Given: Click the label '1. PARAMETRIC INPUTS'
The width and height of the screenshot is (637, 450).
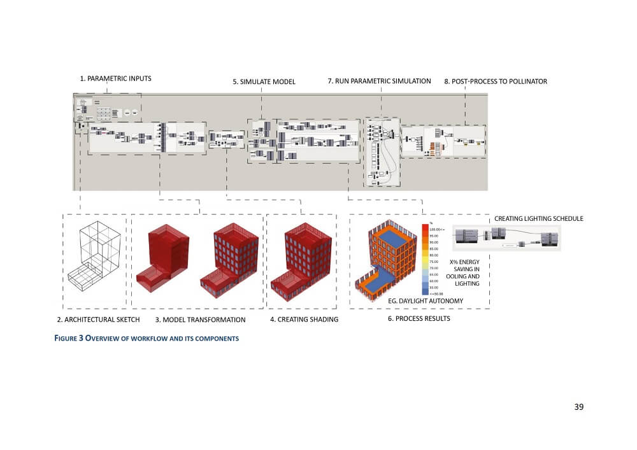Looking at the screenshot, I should pyautogui.click(x=115, y=79).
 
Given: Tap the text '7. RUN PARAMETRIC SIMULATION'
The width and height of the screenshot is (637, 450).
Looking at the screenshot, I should pyautogui.click(x=379, y=81).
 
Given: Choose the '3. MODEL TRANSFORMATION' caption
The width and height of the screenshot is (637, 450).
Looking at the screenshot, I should pyautogui.click(x=200, y=320).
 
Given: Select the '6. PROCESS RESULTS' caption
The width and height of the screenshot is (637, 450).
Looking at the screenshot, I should pyautogui.click(x=419, y=318).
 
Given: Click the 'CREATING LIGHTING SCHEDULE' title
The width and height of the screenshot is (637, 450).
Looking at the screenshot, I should pyautogui.click(x=538, y=219).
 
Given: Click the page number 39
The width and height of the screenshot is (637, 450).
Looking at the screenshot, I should pyautogui.click(x=578, y=407).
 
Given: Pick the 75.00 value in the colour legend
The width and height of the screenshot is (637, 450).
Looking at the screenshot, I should pyautogui.click(x=434, y=262).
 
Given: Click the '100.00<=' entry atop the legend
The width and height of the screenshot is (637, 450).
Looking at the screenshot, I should pyautogui.click(x=436, y=228).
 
